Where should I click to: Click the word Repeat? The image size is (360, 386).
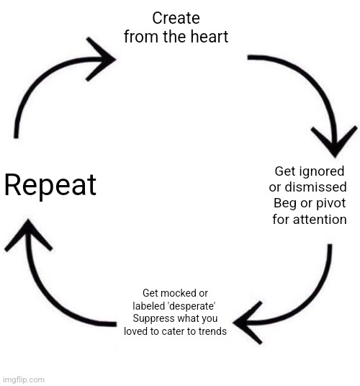tap(50, 186)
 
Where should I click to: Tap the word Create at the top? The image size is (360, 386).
tap(176, 18)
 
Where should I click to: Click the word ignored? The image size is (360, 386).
tap(320, 172)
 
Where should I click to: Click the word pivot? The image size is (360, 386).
tap(330, 204)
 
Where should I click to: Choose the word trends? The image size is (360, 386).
tap(212, 331)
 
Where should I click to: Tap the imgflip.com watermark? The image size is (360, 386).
tap(24, 380)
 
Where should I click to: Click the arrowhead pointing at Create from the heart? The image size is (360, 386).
tap(101, 59)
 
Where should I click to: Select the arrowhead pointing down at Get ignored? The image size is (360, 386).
tap(334, 141)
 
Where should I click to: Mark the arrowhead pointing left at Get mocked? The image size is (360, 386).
tap(247, 323)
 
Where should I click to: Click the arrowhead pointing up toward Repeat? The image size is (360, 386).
tap(28, 235)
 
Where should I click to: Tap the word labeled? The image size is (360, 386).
tap(148, 306)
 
